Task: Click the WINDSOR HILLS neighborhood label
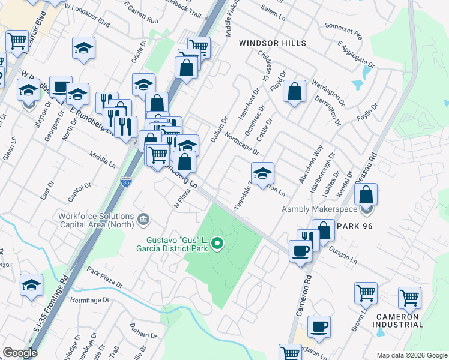[273, 43]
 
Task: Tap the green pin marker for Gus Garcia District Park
[217, 244]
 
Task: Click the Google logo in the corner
[20, 353]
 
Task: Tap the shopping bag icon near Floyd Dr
[294, 92]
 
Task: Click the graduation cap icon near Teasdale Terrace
[262, 174]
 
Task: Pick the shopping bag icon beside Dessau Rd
[366, 195]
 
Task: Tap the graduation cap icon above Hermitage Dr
[31, 286]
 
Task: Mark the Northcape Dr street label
[241, 145]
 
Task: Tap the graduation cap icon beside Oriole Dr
[143, 85]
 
